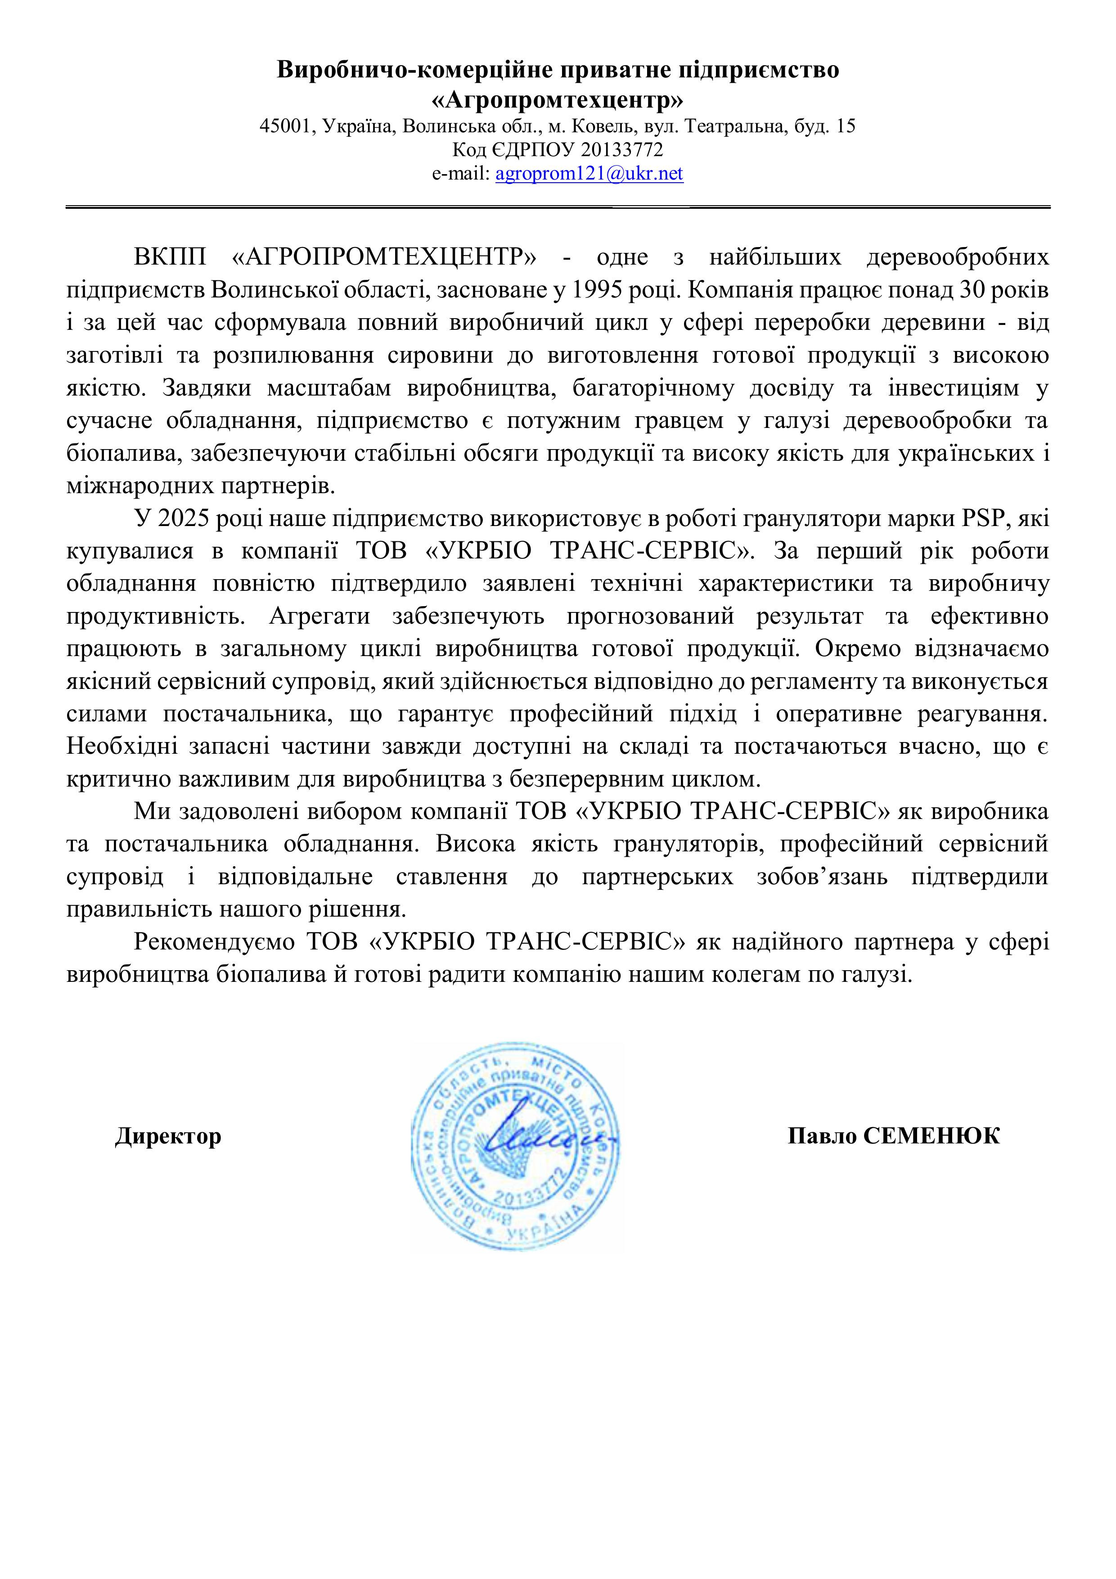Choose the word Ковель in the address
pos(595,126)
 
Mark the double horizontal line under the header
pos(558,206)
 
